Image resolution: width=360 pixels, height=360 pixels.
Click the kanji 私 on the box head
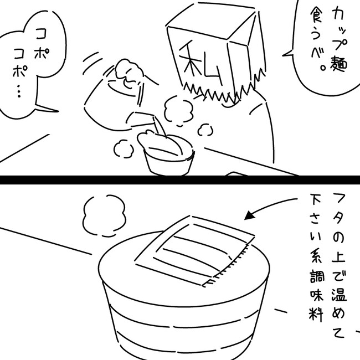(200, 63)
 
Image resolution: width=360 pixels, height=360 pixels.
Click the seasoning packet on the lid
(195, 251)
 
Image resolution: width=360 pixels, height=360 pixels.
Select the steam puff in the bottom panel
(105, 215)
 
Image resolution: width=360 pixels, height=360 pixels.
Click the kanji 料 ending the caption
(316, 313)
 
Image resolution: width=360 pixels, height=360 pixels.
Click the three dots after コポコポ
(19, 91)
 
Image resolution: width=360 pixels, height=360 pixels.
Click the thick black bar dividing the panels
(180, 180)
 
